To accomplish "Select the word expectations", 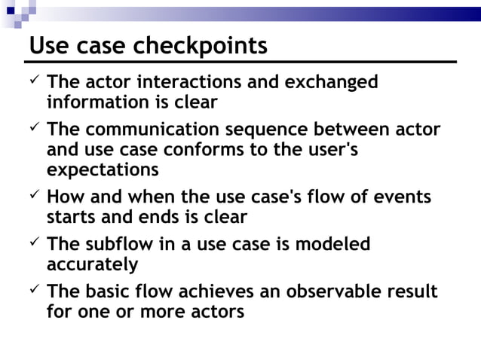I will point(103,169).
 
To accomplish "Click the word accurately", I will point(92,264).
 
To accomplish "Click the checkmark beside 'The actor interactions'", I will point(34,81).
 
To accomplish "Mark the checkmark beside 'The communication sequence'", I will point(34,129).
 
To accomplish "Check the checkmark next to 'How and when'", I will point(34,197).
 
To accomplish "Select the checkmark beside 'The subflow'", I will point(34,244).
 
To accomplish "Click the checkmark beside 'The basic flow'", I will point(34,291).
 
